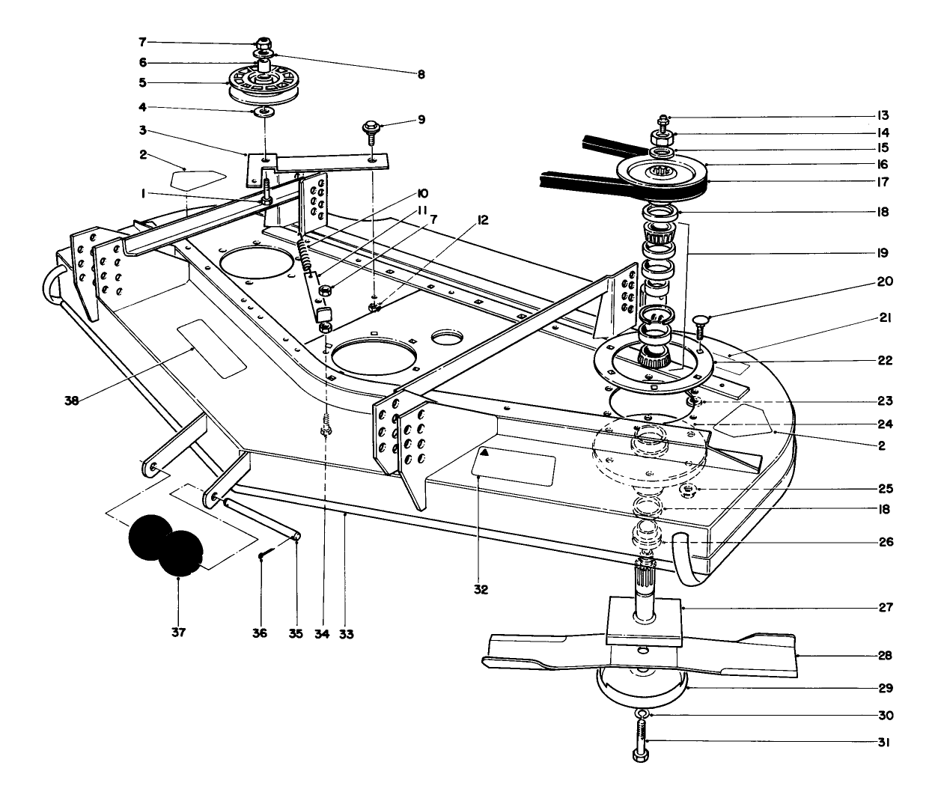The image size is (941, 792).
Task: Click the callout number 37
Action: (178, 633)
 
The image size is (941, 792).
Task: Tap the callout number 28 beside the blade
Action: (885, 656)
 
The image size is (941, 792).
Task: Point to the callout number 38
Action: (72, 400)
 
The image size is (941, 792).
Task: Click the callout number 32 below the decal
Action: (481, 590)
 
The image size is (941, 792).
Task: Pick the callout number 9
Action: (422, 119)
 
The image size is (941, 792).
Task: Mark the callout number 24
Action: (885, 424)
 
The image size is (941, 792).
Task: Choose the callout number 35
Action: (295, 634)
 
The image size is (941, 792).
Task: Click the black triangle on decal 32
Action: (485, 453)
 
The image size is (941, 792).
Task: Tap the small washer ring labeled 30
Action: (641, 715)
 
